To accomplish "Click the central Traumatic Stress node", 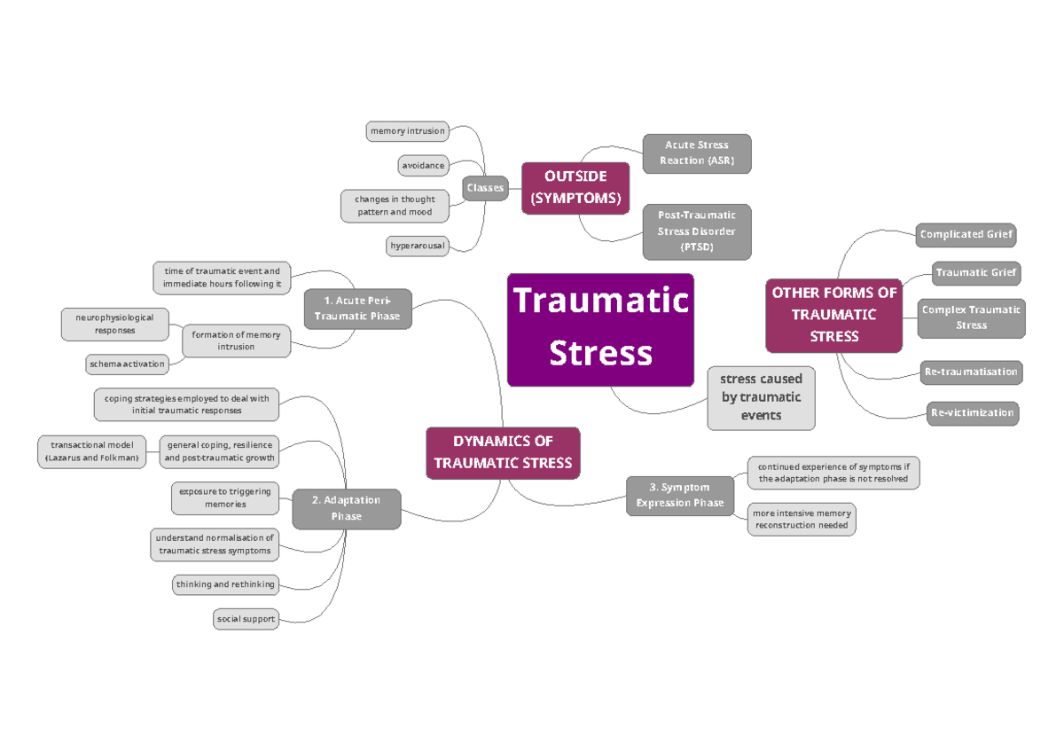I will [600, 329].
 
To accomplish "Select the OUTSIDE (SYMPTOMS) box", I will [575, 187].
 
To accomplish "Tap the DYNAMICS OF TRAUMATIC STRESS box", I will [503, 452].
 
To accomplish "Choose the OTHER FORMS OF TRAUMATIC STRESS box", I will [833, 315].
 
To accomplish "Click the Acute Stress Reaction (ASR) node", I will [696, 153].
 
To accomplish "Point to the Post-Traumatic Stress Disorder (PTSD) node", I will [696, 231].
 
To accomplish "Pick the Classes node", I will [485, 187].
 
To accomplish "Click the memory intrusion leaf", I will [407, 131].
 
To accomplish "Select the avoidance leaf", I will [423, 165].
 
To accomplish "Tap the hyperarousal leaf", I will [417, 245].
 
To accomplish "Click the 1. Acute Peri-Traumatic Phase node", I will [356, 309].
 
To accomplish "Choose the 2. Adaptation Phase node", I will [346, 508].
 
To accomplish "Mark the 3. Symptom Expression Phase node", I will [680, 495].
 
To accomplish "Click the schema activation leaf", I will [126, 364].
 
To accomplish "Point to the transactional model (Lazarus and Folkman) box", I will [91, 451].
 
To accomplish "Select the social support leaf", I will [246, 618].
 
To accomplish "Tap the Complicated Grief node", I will [965, 235].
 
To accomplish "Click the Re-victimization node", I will [973, 412].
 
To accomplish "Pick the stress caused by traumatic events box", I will [761, 397].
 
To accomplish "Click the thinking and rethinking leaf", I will [225, 584].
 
